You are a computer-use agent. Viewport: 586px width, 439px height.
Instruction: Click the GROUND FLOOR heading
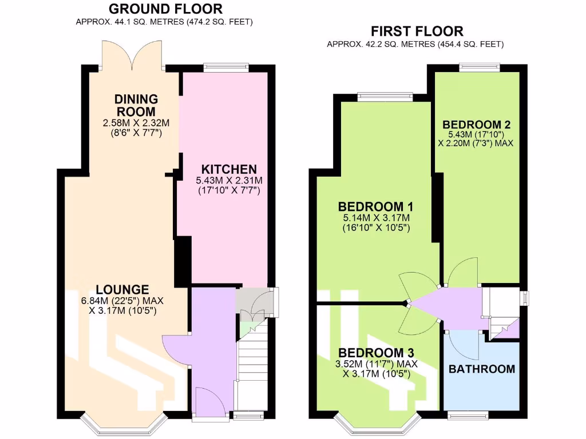(x=165, y=9)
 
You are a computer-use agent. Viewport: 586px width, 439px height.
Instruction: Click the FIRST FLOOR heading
(x=417, y=31)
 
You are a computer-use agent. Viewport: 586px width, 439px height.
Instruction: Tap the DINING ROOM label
(x=136, y=105)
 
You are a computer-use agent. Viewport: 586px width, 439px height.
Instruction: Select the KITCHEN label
(x=228, y=169)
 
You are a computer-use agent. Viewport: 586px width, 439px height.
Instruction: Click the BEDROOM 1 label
(x=375, y=206)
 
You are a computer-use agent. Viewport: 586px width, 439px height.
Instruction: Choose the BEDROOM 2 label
(x=476, y=125)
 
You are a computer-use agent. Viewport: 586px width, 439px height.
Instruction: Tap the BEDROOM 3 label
(x=375, y=352)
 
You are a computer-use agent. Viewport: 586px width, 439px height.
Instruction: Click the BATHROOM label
(x=481, y=369)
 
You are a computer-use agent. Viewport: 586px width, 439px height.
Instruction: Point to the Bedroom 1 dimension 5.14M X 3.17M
(x=375, y=218)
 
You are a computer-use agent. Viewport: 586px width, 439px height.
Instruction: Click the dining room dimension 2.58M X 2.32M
(x=136, y=123)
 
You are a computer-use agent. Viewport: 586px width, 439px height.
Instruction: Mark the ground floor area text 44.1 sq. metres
(x=164, y=22)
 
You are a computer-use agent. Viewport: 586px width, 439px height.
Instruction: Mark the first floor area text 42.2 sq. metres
(x=415, y=44)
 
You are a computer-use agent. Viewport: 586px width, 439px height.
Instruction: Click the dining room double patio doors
(x=133, y=55)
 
